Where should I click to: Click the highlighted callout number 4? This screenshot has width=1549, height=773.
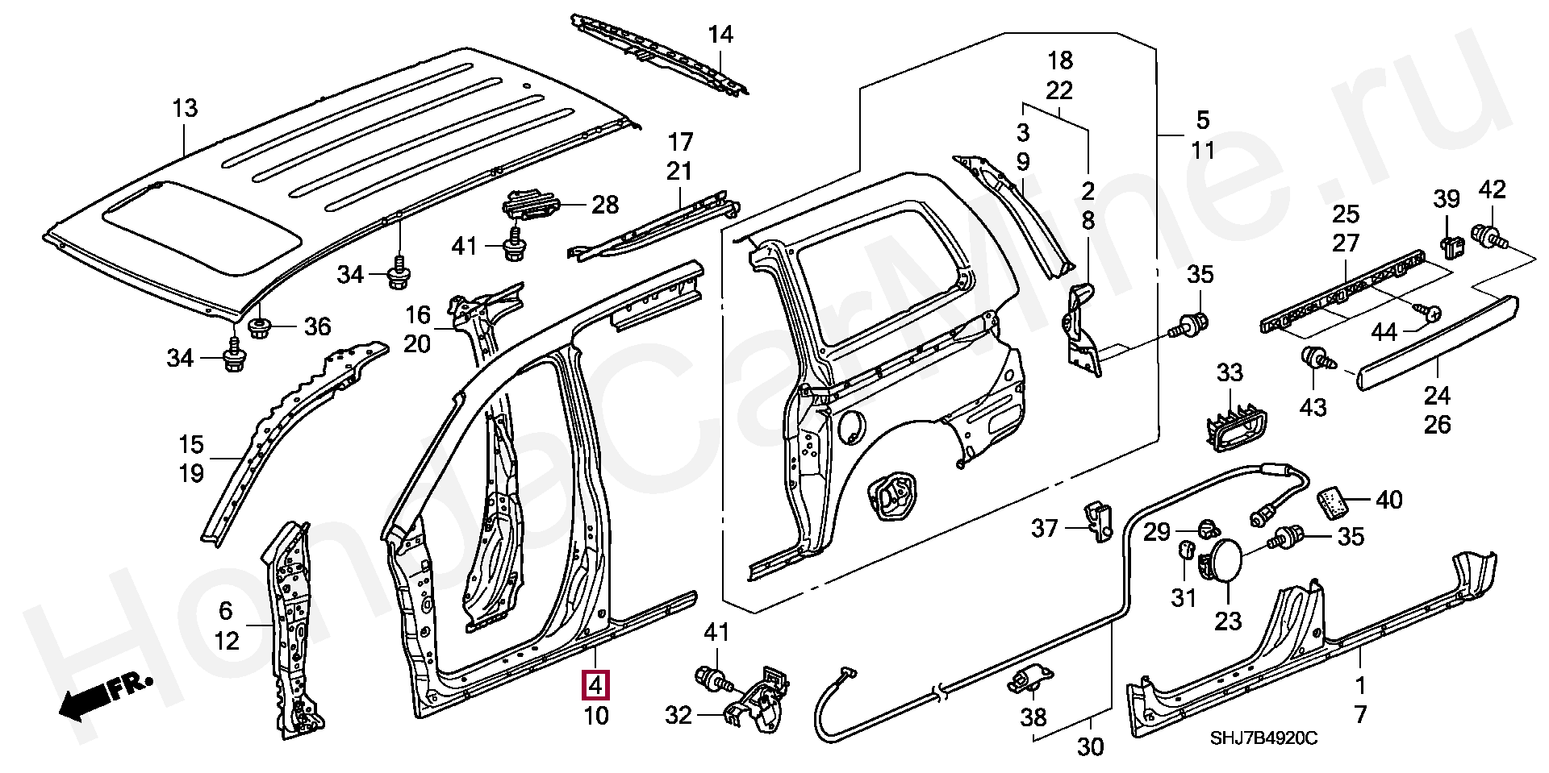click(595, 686)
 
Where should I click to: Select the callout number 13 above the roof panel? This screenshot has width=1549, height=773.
click(185, 108)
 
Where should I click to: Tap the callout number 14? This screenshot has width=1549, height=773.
click(720, 35)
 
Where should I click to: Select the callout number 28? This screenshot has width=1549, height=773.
click(605, 204)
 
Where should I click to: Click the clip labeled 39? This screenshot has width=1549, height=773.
click(1449, 248)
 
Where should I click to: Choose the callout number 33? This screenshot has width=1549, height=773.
click(1230, 373)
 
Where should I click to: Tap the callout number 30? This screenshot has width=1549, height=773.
click(1090, 747)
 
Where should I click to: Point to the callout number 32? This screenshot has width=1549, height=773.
click(679, 714)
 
